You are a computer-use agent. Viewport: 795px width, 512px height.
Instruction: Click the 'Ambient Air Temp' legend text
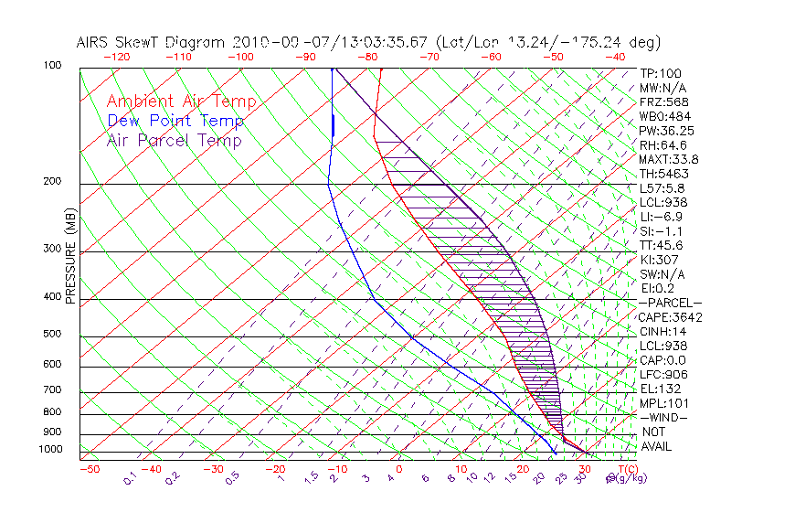point(181,101)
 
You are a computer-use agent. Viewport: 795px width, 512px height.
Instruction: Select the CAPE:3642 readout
point(671,317)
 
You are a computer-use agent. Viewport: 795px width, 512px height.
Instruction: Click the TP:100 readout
point(661,73)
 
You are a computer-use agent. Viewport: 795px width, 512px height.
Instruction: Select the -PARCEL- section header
point(671,303)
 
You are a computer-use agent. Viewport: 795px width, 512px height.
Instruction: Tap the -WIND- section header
point(664,417)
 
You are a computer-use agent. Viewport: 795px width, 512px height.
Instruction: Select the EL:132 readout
point(661,389)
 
